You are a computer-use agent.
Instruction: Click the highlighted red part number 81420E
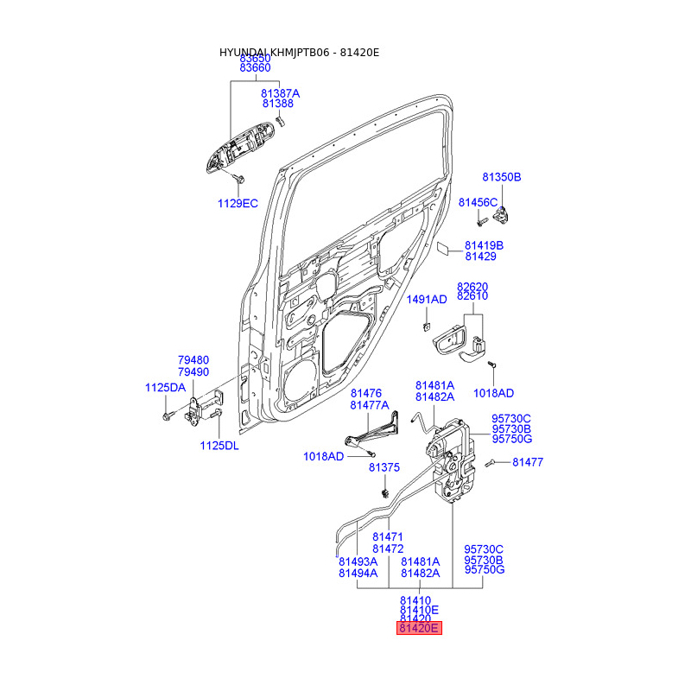(419, 629)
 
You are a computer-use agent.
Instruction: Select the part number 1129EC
(237, 204)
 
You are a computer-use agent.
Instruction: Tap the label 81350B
(502, 177)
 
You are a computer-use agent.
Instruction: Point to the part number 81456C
(479, 202)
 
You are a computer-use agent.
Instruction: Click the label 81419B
(484, 245)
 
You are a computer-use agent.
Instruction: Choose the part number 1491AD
(427, 300)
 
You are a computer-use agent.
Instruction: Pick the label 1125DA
(165, 388)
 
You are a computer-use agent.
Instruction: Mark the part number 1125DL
(219, 446)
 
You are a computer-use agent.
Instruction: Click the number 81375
(384, 467)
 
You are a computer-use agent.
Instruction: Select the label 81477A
(370, 405)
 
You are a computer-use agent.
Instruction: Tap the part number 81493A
(358, 561)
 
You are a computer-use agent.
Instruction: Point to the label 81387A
(280, 92)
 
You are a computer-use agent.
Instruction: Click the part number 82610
(472, 296)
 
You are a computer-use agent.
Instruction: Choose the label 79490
(193, 371)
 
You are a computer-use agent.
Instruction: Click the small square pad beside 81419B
(441, 250)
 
